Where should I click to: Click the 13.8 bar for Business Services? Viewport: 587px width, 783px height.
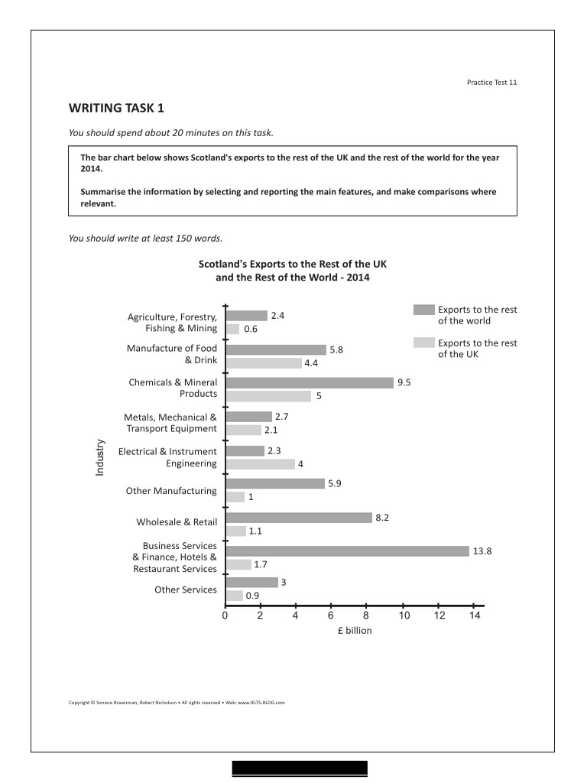347,551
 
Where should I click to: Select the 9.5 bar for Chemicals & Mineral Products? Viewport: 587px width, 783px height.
310,382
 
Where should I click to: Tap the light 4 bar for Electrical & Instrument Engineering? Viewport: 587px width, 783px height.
260,464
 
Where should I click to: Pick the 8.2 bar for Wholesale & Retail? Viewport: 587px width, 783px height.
298,518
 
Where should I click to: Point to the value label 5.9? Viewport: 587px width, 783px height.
334,483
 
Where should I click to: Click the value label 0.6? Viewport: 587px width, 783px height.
251,330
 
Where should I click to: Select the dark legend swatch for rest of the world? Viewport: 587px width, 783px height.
423,310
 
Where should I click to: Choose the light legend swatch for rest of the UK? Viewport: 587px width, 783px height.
423,343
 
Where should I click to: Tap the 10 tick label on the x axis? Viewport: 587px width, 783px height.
404,616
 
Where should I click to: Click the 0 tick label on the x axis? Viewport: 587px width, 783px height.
225,616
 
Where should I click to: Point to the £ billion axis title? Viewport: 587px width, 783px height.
354,631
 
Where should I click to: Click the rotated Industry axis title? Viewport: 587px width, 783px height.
99,457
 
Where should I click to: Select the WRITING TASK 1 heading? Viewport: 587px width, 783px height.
116,108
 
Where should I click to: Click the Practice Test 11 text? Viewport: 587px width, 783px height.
491,82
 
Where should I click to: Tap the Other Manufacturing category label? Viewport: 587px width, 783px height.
171,491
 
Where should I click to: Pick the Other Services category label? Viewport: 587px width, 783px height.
186,590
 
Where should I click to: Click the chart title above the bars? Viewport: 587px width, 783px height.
293,271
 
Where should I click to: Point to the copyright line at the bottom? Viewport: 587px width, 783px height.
177,702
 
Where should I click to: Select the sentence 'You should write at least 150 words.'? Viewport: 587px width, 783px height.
145,238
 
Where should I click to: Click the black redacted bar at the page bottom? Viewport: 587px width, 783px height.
300,768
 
